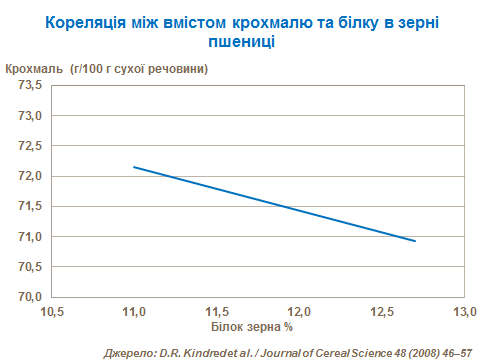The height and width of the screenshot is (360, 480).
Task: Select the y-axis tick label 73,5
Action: coord(28,86)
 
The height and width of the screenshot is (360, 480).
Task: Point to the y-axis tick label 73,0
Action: coord(28,116)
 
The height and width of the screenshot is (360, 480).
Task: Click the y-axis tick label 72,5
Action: coord(28,146)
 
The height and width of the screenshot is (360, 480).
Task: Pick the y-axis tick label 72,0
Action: coord(28,177)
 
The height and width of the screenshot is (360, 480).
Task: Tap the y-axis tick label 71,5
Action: coord(28,207)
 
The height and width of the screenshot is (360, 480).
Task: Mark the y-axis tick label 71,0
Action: coord(28,237)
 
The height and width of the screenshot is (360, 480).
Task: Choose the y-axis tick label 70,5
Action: coord(28,267)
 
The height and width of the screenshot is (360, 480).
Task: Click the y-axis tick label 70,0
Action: coord(28,298)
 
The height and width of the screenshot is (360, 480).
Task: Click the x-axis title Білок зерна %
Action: coord(252,327)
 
